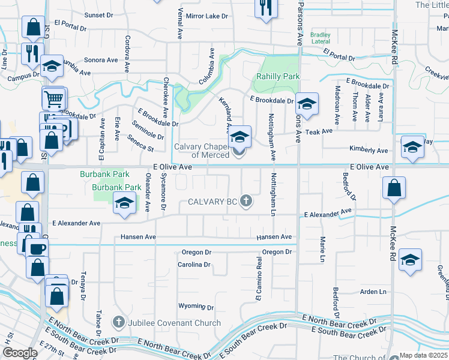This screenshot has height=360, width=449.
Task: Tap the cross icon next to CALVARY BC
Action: [x=246, y=201]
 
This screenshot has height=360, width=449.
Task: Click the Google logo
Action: [x=20, y=353]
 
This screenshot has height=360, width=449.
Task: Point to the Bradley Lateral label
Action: [x=321, y=38]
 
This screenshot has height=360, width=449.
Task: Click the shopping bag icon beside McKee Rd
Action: [x=393, y=188]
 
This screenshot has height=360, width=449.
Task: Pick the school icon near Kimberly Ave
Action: [x=412, y=148]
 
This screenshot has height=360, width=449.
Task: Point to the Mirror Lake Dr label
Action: [x=207, y=16]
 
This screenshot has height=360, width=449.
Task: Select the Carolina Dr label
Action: [x=194, y=265]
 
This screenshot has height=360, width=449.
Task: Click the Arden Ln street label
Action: [x=373, y=292]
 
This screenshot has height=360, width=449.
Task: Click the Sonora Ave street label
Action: [x=101, y=60]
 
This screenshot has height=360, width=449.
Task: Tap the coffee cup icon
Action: [x=37, y=248]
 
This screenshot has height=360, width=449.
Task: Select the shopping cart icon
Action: [x=54, y=97]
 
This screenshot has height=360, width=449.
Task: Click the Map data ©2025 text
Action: [x=423, y=355]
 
